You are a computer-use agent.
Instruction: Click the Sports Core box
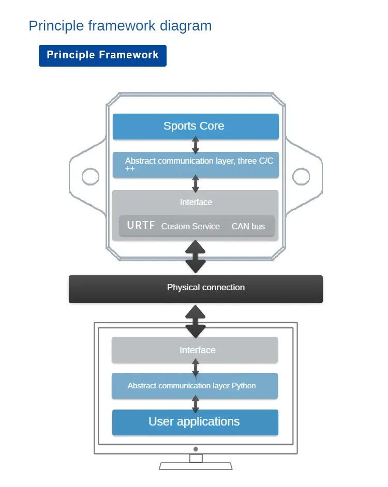pyautogui.click(x=196, y=126)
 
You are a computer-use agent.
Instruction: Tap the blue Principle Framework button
pyautogui.click(x=102, y=56)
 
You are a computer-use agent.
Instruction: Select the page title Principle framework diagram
pyautogui.click(x=120, y=26)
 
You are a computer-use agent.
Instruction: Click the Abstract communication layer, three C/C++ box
pyautogui.click(x=196, y=164)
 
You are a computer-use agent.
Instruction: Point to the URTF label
pyautogui.click(x=141, y=226)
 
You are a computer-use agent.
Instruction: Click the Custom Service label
pyautogui.click(x=190, y=226)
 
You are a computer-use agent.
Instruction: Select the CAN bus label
pyautogui.click(x=248, y=226)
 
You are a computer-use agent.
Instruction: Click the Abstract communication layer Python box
pyautogui.click(x=195, y=386)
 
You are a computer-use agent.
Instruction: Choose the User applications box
pyautogui.click(x=195, y=422)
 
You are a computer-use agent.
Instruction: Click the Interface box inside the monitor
pyautogui.click(x=195, y=350)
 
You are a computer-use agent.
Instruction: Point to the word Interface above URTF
pyautogui.click(x=196, y=202)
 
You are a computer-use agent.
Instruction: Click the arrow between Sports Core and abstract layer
pyautogui.click(x=196, y=145)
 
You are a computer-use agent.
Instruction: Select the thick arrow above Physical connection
pyautogui.click(x=196, y=256)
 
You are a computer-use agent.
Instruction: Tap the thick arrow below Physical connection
pyautogui.click(x=196, y=321)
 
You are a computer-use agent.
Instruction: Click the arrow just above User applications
pyautogui.click(x=196, y=404)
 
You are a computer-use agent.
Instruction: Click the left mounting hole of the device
pyautogui.click(x=91, y=177)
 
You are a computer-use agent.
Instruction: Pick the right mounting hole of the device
pyautogui.click(x=301, y=177)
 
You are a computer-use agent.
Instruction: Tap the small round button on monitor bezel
pyautogui.click(x=196, y=449)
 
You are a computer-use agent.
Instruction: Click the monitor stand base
pyautogui.click(x=196, y=466)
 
